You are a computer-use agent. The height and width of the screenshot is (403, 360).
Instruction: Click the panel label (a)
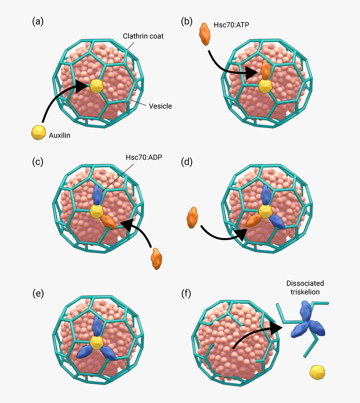tap(38, 22)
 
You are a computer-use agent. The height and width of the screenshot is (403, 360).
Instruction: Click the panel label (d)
tap(187, 162)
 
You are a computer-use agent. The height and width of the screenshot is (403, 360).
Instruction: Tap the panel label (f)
tap(186, 293)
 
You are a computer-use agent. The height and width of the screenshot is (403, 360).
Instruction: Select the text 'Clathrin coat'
tap(143, 36)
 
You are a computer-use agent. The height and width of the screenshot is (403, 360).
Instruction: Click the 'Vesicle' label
tap(160, 106)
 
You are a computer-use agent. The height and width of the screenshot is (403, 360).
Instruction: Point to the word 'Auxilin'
tap(59, 136)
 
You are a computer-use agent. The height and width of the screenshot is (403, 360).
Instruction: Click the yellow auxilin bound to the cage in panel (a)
tap(96, 86)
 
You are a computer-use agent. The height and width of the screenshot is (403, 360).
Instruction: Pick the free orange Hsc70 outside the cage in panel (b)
tap(204, 34)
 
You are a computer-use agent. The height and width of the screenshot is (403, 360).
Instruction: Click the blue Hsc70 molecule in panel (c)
tap(97, 194)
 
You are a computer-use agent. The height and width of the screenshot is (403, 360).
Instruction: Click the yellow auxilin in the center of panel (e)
tap(97, 342)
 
